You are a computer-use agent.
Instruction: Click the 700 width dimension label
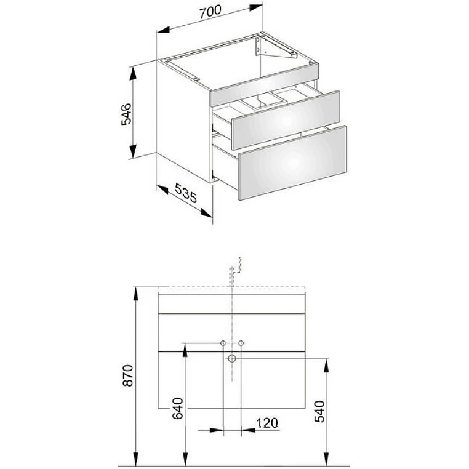click(210, 12)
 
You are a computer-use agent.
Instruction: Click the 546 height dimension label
click(126, 114)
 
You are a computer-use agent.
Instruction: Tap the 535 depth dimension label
click(186, 193)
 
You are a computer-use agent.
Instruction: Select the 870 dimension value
click(128, 375)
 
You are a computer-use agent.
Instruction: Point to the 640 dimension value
click(178, 408)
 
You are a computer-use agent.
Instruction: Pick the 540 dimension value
click(319, 411)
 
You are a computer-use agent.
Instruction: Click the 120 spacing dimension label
click(267, 423)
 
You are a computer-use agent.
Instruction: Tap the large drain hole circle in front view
click(232, 358)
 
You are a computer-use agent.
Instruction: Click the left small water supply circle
click(223, 343)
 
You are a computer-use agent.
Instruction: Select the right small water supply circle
click(241, 343)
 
